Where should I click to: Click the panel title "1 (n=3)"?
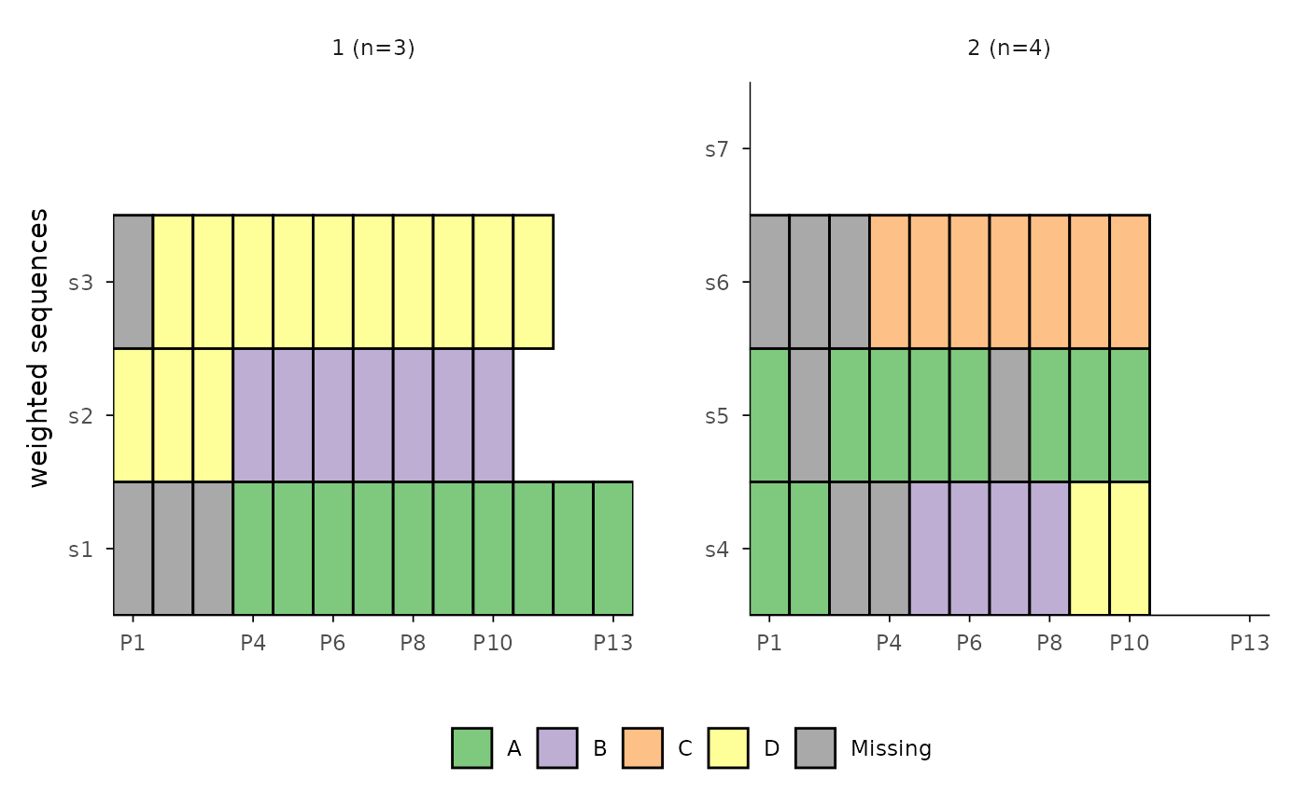tap(372, 48)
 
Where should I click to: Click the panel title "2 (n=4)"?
tap(1008, 48)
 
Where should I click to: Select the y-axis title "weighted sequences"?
tap(38, 348)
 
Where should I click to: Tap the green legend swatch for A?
tap(471, 747)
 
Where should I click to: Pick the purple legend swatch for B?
tap(557, 747)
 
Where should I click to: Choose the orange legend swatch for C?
tap(642, 747)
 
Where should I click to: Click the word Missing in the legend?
tap(891, 748)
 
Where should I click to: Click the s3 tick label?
tap(80, 282)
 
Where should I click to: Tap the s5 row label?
tap(715, 415)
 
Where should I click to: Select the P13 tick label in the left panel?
tap(612, 644)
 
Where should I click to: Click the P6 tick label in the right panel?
tap(969, 644)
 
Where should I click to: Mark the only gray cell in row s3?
tap(133, 282)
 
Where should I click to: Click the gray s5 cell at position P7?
tap(1009, 415)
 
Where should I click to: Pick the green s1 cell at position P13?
tap(612, 549)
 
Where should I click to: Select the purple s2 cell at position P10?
tap(493, 415)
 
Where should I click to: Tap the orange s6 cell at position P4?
tap(890, 282)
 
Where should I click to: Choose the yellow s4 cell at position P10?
tap(1130, 549)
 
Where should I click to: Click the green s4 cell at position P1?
tap(769, 549)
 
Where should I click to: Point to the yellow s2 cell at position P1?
tap(133, 415)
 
